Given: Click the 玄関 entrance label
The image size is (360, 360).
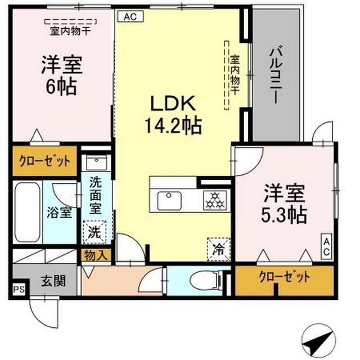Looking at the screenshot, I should tap(51, 280).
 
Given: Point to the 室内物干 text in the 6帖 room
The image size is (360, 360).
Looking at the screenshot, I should tap(70, 31).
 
